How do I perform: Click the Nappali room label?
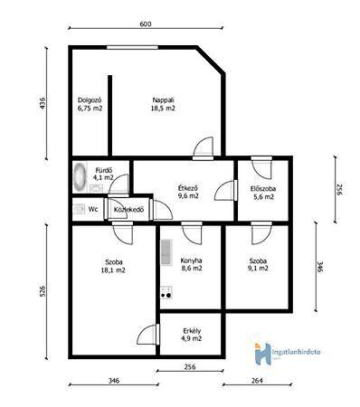coord(163,104)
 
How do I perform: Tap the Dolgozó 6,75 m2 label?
coord(90,104)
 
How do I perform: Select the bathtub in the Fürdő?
coord(80,177)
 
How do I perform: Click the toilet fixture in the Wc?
coord(79,209)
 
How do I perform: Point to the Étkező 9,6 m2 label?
coord(188,192)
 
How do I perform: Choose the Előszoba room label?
coord(263,189)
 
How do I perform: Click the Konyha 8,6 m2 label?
coord(191,264)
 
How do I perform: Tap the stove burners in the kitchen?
coord(166,293)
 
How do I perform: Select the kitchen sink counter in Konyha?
coord(166,252)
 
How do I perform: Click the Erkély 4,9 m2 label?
coord(192,335)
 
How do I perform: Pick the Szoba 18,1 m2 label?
coord(113,266)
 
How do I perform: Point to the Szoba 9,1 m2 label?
coord(258,264)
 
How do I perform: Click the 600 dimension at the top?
coord(146,24)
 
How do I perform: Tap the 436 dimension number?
coord(43,103)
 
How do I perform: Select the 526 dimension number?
coord(43,291)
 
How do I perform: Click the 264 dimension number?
coord(257,381)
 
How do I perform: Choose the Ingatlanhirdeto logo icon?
coord(262,354)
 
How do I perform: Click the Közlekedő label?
coord(128,210)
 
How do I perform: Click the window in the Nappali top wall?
coord(132,47)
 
